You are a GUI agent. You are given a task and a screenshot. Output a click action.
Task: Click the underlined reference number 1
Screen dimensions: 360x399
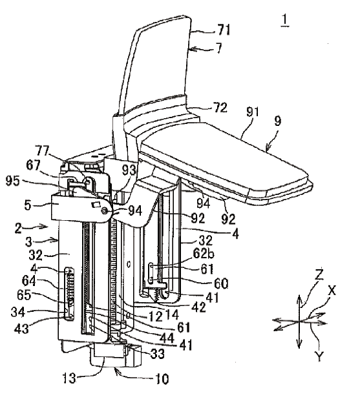coord(285,20)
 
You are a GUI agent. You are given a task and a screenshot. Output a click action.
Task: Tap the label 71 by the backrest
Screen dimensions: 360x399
coord(224,30)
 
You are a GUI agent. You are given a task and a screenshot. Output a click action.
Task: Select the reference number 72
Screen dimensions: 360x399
coord(220,108)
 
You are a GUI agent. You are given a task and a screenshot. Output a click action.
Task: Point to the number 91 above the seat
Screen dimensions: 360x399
coord(253,112)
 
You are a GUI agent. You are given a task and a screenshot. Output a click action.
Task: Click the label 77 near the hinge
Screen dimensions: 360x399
coord(42,151)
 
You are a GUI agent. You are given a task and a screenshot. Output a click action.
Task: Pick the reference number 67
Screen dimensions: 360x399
coord(33,165)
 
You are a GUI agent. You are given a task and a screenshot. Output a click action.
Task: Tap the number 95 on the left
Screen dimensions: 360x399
coord(13,181)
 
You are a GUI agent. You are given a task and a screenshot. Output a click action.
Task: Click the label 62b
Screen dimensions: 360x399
coord(204,253)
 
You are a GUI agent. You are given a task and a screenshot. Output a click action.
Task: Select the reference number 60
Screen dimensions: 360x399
coord(221,283)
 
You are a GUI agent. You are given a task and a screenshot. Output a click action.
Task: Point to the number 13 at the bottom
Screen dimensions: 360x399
coord(69,378)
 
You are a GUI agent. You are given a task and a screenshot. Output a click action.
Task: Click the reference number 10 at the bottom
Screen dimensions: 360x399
coord(162,379)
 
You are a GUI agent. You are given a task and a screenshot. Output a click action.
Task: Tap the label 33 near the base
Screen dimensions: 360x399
coord(158,353)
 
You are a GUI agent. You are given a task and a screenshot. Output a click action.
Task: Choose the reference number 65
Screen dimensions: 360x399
coord(24,295)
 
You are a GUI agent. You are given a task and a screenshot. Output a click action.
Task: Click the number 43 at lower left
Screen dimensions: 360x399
coord(21,328)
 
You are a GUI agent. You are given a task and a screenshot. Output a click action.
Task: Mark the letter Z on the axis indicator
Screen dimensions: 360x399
coord(319,274)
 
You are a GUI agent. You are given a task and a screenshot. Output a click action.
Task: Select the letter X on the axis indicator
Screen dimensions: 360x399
coord(332,291)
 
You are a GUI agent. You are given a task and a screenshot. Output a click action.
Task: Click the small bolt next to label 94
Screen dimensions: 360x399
coord(104,210)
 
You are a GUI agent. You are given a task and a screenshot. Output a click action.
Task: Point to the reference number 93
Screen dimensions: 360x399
coord(129,170)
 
